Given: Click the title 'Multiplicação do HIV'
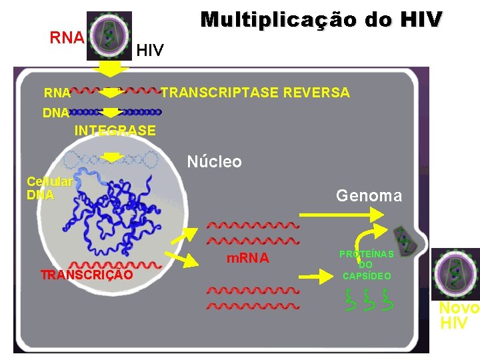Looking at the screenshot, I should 321,19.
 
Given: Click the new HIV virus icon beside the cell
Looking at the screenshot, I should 456,274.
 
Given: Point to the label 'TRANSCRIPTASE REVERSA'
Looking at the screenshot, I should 255,93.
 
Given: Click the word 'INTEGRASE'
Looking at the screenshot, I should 115,131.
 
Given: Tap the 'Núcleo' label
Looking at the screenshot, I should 214,162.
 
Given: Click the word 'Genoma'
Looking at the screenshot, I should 369,195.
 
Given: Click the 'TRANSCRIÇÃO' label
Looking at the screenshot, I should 86,275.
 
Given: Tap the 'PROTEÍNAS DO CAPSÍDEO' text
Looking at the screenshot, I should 366,265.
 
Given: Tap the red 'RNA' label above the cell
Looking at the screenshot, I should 67,37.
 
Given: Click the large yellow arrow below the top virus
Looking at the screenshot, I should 111,69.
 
